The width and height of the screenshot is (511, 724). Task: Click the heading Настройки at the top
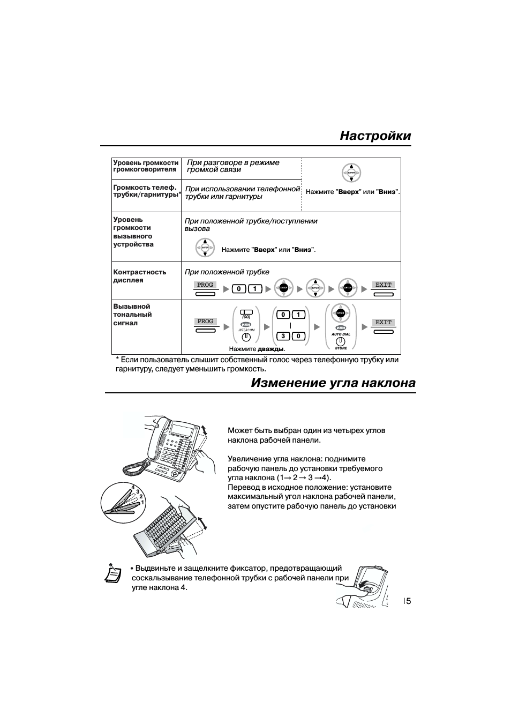pos(375,136)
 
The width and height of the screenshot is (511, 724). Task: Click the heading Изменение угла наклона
pos(333,383)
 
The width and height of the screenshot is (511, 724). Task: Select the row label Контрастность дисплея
pos(140,276)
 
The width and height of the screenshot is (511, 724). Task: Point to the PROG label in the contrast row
pos(205,285)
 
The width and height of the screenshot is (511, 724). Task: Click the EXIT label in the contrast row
pos(384,285)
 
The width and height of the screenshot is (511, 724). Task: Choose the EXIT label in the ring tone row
pos(384,323)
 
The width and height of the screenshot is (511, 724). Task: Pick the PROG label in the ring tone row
pos(205,322)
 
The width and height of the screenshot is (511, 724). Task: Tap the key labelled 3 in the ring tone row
pos(283,337)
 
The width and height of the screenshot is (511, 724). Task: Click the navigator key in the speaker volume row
pos(351,173)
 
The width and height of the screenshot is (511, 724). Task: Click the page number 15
pos(407,601)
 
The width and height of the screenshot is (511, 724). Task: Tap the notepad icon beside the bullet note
pos(112,573)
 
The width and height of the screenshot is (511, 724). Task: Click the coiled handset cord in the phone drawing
pos(134,468)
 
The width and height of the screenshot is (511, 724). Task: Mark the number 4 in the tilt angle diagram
pos(132,487)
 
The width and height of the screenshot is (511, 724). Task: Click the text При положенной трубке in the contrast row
pos(227,272)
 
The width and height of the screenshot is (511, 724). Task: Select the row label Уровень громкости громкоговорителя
pos(146,166)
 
